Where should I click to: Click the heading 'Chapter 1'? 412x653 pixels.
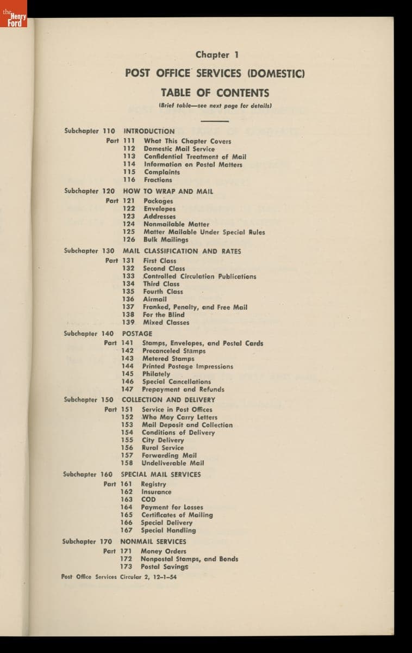tap(217, 54)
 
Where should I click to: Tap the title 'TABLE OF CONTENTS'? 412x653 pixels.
tap(215, 93)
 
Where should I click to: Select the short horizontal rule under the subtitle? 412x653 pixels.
tap(215, 121)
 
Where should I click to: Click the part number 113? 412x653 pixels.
tap(129, 157)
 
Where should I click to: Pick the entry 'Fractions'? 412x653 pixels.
tap(158, 180)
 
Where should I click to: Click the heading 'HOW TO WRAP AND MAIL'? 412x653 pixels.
tap(168, 191)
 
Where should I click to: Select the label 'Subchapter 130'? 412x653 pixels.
tap(89, 251)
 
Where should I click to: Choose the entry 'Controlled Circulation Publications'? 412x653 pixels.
tap(199, 276)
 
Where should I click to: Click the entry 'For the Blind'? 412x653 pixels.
tap(164, 315)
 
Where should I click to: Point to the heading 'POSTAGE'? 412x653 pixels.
tap(137, 333)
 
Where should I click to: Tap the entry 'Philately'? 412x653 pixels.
tap(156, 374)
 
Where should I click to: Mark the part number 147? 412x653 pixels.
tap(127, 389)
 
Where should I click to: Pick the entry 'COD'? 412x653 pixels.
tap(148, 499)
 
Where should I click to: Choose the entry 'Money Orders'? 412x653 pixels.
tap(163, 551)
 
